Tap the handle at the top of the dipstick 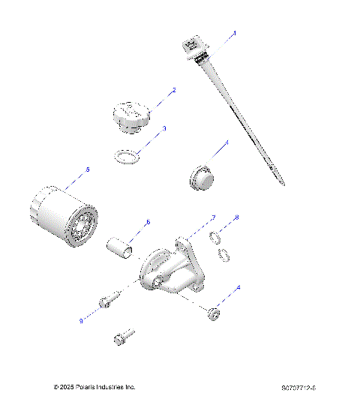tap(191, 46)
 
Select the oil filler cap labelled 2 tap(132, 118)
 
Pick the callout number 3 tap(164, 128)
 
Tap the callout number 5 tap(88, 170)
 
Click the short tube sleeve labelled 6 tap(122, 246)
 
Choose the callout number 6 tap(148, 222)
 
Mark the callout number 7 tap(213, 217)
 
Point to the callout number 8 tap(238, 217)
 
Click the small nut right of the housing tap(214, 313)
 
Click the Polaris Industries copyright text tap(95, 387)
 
